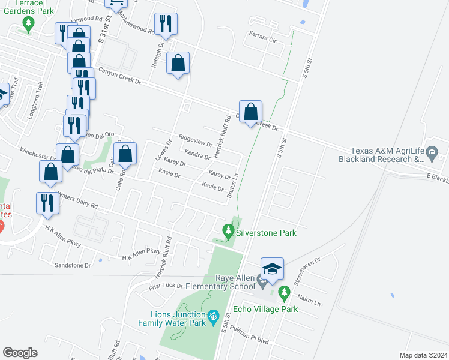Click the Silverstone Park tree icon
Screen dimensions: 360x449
click(x=228, y=230)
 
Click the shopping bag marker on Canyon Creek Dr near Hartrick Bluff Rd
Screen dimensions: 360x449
click(x=251, y=111)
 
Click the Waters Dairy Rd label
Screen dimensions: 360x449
click(x=77, y=200)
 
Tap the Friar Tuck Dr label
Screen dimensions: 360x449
click(x=165, y=286)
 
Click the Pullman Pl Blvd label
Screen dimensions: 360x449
click(x=250, y=337)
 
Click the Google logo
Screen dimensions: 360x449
click(x=20, y=353)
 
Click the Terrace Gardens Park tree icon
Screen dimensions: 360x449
click(x=27, y=24)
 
